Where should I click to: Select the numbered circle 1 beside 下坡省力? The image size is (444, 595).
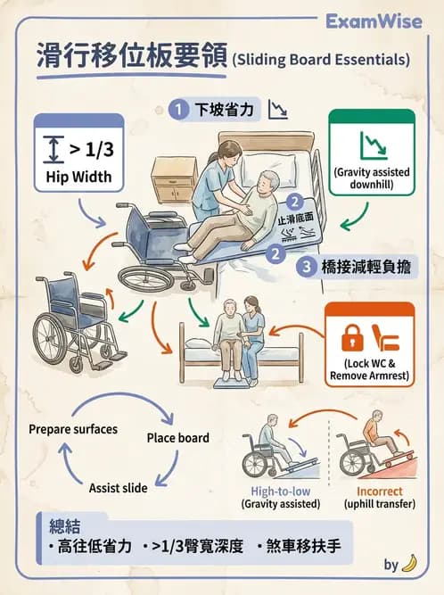pos(180,110)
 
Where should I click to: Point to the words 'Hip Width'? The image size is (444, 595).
pos(78,176)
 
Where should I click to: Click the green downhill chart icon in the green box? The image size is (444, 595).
pos(372,144)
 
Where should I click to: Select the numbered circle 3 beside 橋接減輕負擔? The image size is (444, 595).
pos(303,266)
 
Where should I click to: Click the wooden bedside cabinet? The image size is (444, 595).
pos(174,180)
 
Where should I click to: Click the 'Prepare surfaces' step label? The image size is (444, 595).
pos(73,429)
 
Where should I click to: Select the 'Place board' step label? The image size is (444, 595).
pos(178,438)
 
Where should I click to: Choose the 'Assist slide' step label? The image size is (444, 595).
pos(119,488)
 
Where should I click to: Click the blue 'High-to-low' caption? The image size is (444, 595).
pos(275,492)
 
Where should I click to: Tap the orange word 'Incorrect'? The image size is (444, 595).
pos(379,492)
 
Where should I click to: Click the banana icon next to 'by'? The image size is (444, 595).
pos(409,564)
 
